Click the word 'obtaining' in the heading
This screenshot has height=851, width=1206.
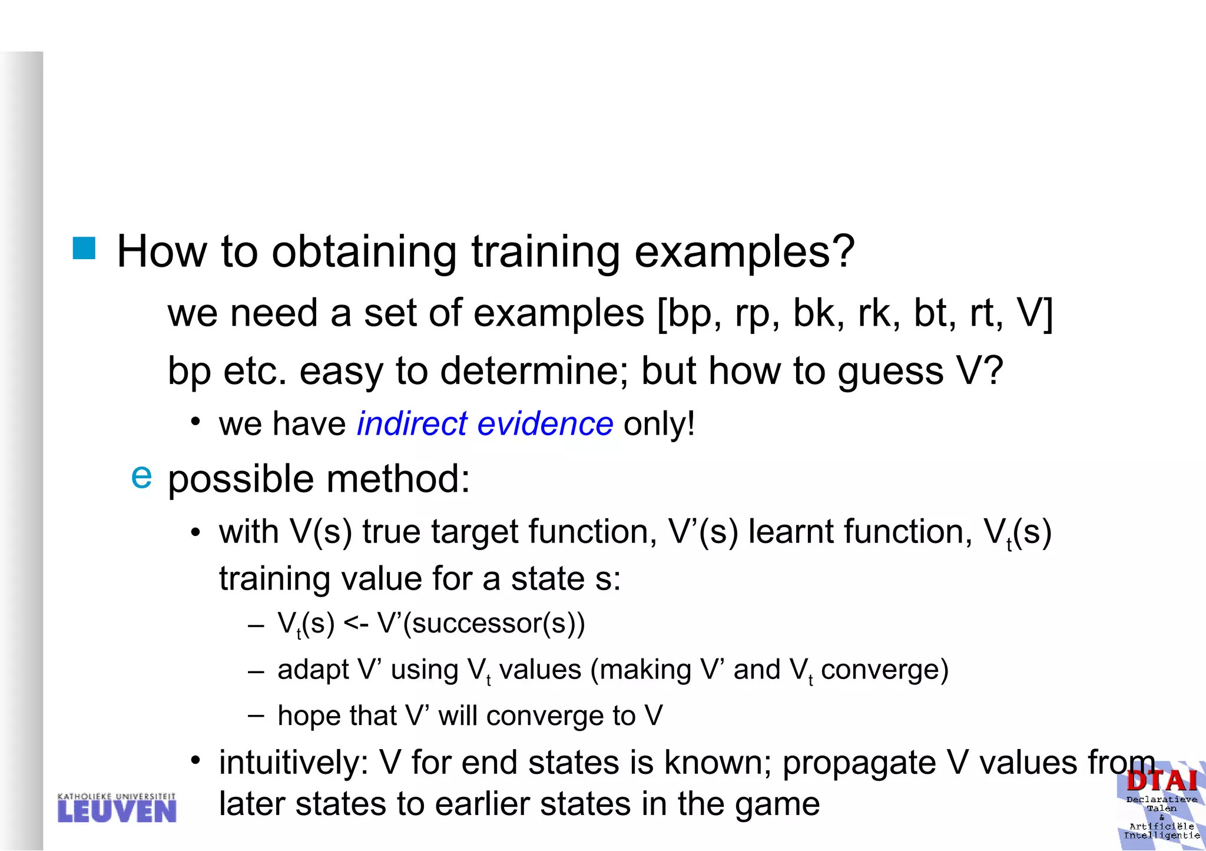(364, 252)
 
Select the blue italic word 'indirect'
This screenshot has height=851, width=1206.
(412, 423)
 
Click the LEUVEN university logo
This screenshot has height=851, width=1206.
(117, 808)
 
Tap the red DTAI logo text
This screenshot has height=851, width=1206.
(1162, 781)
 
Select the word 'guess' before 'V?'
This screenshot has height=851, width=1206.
(891, 371)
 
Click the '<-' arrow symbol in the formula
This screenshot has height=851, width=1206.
(356, 623)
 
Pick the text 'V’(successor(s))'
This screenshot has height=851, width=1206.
(481, 623)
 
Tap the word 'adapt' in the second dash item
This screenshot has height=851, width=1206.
(313, 670)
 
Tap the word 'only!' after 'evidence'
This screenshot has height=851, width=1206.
(659, 423)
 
